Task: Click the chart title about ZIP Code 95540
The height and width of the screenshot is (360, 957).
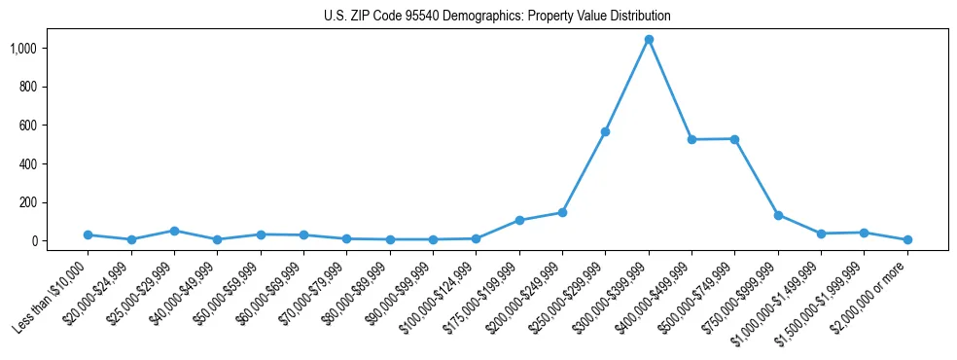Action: (497, 16)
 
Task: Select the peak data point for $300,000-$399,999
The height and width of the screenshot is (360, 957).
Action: (649, 40)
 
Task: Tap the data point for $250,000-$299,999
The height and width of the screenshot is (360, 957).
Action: (605, 131)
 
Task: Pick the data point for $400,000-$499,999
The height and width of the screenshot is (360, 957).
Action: (691, 140)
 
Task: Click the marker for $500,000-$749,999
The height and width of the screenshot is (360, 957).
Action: (734, 139)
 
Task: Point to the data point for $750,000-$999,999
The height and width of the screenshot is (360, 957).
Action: (778, 215)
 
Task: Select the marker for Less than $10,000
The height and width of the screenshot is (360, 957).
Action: (88, 234)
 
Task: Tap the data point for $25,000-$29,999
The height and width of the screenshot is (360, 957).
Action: (174, 231)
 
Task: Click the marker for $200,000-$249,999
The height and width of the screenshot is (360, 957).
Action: (562, 212)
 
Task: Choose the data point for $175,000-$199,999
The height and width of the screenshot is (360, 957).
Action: (519, 220)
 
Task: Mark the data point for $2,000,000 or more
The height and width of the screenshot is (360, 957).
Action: (907, 239)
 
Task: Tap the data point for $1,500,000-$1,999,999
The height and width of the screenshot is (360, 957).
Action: (864, 233)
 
